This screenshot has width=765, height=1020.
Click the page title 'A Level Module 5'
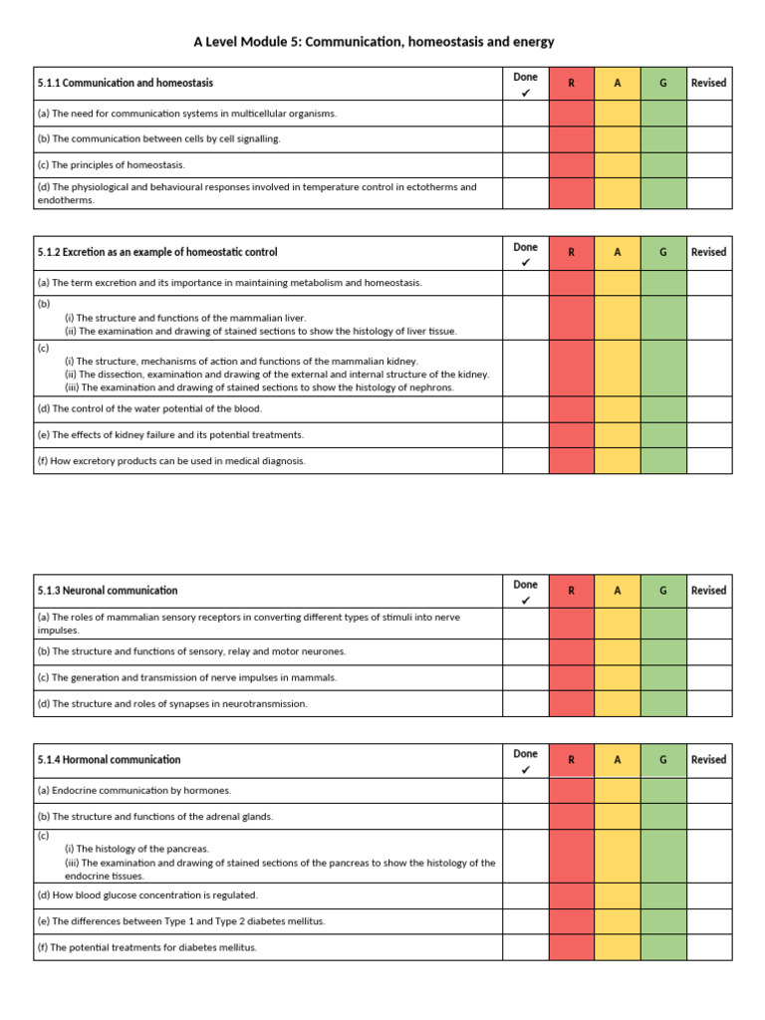tap(374, 42)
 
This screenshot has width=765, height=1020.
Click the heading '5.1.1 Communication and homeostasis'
tap(125, 84)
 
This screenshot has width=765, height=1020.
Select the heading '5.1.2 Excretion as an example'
tap(157, 253)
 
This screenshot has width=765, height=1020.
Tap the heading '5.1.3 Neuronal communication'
tap(108, 591)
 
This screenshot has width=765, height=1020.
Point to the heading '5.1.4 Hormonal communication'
tap(110, 760)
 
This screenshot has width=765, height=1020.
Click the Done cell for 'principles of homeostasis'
tap(525, 165)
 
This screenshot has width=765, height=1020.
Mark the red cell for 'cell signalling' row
tap(571, 139)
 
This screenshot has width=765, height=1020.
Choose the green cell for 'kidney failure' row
tap(662, 435)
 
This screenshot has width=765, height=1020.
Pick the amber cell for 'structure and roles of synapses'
tap(617, 703)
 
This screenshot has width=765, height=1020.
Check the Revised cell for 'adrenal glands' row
tap(708, 817)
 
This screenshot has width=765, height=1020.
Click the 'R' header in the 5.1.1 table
tap(571, 84)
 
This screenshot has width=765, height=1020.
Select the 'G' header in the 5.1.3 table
tap(662, 591)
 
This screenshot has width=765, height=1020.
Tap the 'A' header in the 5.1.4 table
tap(617, 760)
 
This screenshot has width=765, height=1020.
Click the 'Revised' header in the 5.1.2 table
tap(708, 253)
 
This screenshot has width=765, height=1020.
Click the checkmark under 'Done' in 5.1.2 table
tap(525, 263)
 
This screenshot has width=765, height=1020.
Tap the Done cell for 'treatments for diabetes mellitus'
tap(525, 947)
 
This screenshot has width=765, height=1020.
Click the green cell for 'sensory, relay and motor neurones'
tap(662, 651)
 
